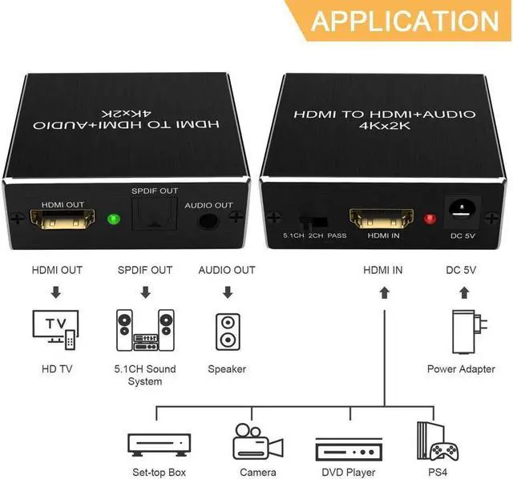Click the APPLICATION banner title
pyautogui.click(x=404, y=19)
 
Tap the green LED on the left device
pyautogui.click(x=112, y=217)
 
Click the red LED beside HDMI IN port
pyautogui.click(x=429, y=215)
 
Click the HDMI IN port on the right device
pyautogui.click(x=382, y=216)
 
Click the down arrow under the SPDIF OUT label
pyautogui.click(x=145, y=294)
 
